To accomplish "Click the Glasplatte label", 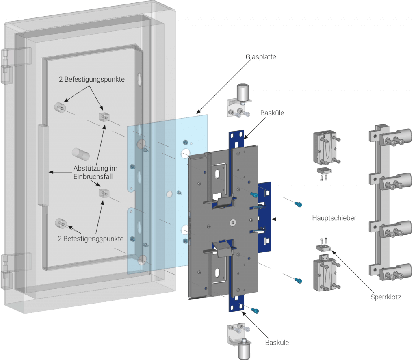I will coord(261,57).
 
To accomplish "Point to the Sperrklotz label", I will coord(386,297).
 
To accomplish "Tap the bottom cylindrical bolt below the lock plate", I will coord(244,347).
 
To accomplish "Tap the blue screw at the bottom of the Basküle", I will coord(255,310).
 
